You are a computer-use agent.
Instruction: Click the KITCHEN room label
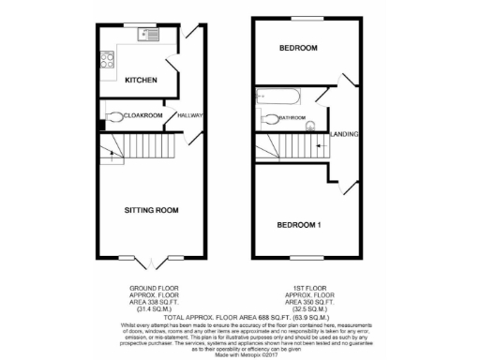140,81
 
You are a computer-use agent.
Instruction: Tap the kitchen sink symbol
148,36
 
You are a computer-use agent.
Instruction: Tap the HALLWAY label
190,115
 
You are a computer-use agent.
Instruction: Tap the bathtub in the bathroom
277,95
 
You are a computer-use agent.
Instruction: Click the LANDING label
343,133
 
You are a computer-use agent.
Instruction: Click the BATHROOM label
293,118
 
